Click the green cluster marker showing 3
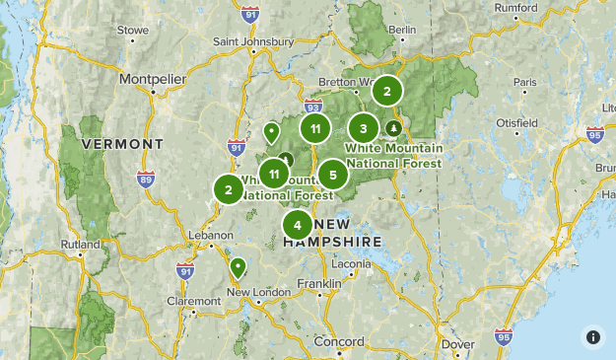point(364,128)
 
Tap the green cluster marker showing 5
point(333,175)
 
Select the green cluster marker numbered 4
point(298,226)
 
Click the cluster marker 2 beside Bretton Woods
point(387,91)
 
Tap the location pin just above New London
point(238,267)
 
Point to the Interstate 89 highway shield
point(146,180)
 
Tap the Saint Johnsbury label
point(254,41)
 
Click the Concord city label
point(339,341)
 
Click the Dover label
point(458,344)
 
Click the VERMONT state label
point(122,144)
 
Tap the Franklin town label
point(319,284)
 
